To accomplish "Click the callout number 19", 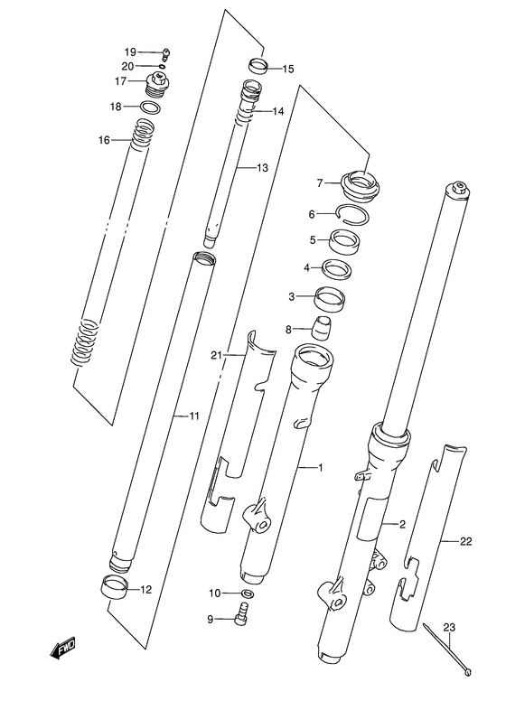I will click(129, 51).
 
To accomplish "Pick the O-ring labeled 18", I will click(153, 107).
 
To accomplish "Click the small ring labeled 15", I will click(258, 67).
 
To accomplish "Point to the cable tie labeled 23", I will click(448, 647).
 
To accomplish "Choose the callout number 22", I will click(465, 542).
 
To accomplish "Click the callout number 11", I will click(192, 416).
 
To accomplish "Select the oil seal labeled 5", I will click(343, 241).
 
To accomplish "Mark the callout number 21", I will click(216, 355).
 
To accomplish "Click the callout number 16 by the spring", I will click(104, 140).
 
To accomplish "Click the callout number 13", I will click(262, 168).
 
